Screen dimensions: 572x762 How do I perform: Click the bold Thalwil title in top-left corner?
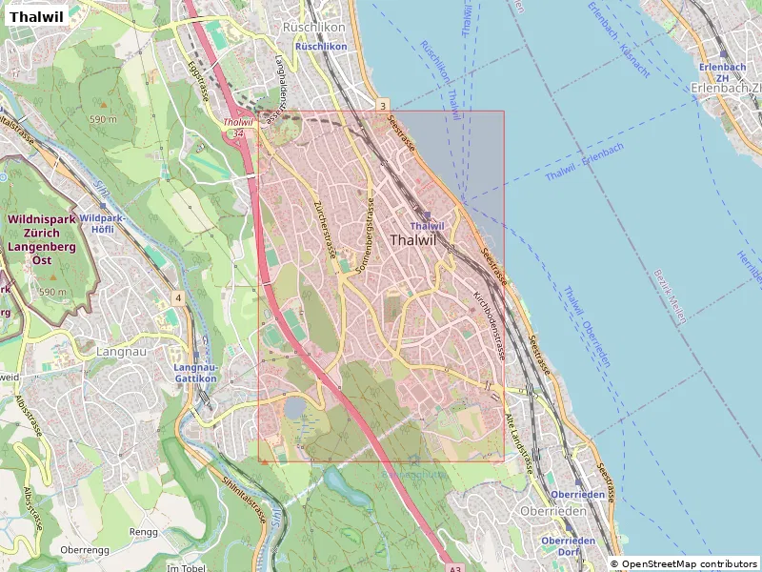tap(36, 16)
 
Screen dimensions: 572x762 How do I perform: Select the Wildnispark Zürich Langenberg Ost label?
tap(41, 239)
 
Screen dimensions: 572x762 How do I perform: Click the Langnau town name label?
tap(120, 352)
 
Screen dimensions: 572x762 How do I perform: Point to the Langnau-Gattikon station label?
tap(196, 373)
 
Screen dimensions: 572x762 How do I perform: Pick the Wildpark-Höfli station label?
tap(98, 223)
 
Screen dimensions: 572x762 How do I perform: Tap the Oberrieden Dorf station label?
tap(569, 546)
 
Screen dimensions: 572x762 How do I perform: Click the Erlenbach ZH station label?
tap(721, 72)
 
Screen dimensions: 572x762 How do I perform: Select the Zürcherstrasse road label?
tap(325, 230)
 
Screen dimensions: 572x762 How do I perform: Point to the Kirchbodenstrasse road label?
tap(488, 325)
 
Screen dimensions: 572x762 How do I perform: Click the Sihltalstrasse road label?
tap(245, 501)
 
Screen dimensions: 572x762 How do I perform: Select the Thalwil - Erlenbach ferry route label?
tap(584, 162)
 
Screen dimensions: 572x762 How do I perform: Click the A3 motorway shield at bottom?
tap(454, 568)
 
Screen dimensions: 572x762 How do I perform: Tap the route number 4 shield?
tap(178, 298)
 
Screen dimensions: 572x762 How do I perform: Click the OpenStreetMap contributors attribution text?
tap(685, 563)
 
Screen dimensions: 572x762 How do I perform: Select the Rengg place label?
tap(144, 532)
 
